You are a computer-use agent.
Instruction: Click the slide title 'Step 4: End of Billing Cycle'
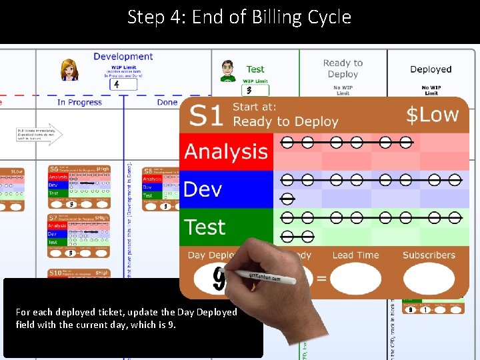coord(239,17)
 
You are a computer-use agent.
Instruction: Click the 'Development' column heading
coord(123,57)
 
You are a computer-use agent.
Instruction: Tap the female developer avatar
coord(68,69)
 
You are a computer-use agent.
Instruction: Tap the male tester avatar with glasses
coord(228,70)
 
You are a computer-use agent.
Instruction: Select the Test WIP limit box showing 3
coord(254,90)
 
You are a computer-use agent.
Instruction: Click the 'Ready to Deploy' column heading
coord(343,69)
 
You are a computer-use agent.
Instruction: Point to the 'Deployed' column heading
coord(431,69)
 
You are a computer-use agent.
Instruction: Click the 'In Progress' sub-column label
coord(79,102)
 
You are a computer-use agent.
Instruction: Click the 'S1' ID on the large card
coord(205,115)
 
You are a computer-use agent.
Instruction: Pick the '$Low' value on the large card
coord(433,115)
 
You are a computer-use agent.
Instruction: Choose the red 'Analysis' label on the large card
coord(226,151)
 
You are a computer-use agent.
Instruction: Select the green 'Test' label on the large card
coord(205,227)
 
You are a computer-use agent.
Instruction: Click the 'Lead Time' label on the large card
coord(355,255)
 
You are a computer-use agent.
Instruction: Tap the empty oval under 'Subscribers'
coord(429,279)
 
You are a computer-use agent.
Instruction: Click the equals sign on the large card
coord(321,278)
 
